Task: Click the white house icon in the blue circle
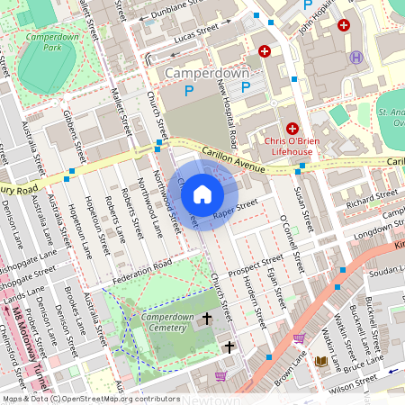point(202,193)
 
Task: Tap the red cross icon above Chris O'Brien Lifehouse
point(292,130)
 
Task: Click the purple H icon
point(356,57)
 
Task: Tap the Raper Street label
point(236,209)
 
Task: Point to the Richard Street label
point(371,198)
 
